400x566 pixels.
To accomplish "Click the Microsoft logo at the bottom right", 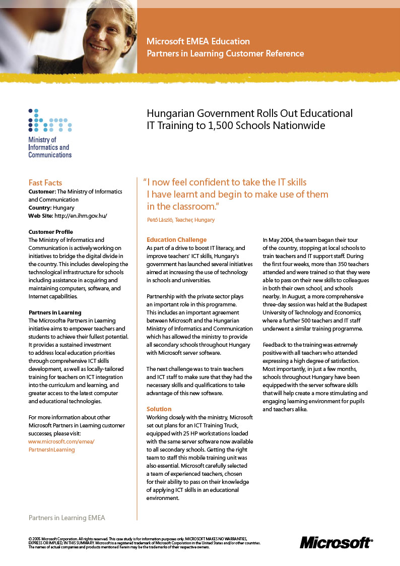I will pos(336,542).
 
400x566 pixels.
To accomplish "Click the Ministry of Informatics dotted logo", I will pos(50,120).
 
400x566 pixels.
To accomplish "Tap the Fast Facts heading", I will pos(45,182).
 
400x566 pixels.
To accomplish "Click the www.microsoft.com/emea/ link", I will pos(61,442).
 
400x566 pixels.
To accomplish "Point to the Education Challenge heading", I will pos(176,239).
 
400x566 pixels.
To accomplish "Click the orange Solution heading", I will pos(159,409).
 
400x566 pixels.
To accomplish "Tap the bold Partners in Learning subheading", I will pos(55,312).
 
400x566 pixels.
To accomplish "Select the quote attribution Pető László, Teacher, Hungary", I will pos(181,220).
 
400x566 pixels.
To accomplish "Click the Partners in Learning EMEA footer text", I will pos(67,518).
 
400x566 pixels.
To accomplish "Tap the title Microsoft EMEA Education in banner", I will pos(198,41).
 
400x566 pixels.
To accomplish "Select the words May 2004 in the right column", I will pos(279,240).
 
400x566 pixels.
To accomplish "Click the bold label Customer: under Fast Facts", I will pos(42,192).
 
